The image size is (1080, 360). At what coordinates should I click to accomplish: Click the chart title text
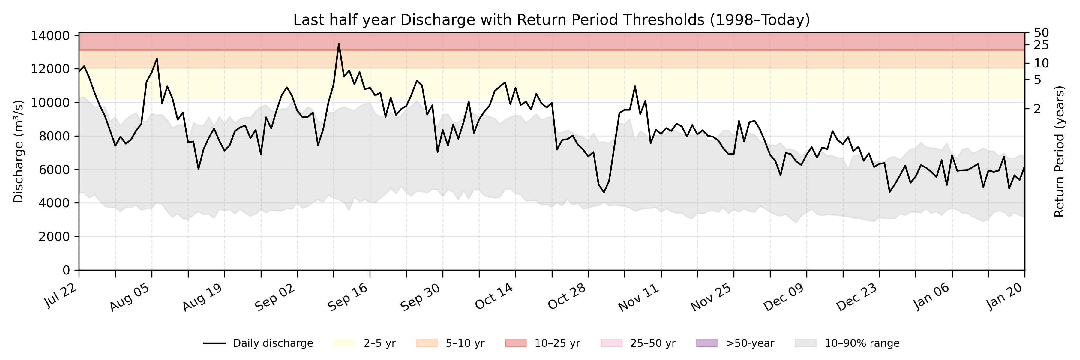pyautogui.click(x=551, y=20)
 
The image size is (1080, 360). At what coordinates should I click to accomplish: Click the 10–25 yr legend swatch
pyautogui.click(x=516, y=343)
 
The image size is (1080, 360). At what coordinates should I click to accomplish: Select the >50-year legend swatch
pyautogui.click(x=707, y=343)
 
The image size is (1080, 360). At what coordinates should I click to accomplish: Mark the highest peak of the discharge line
pyautogui.click(x=339, y=43)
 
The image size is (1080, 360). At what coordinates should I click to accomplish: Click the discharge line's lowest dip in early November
pyautogui.click(x=604, y=192)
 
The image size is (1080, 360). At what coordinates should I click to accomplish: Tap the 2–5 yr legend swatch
pyautogui.click(x=345, y=343)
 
